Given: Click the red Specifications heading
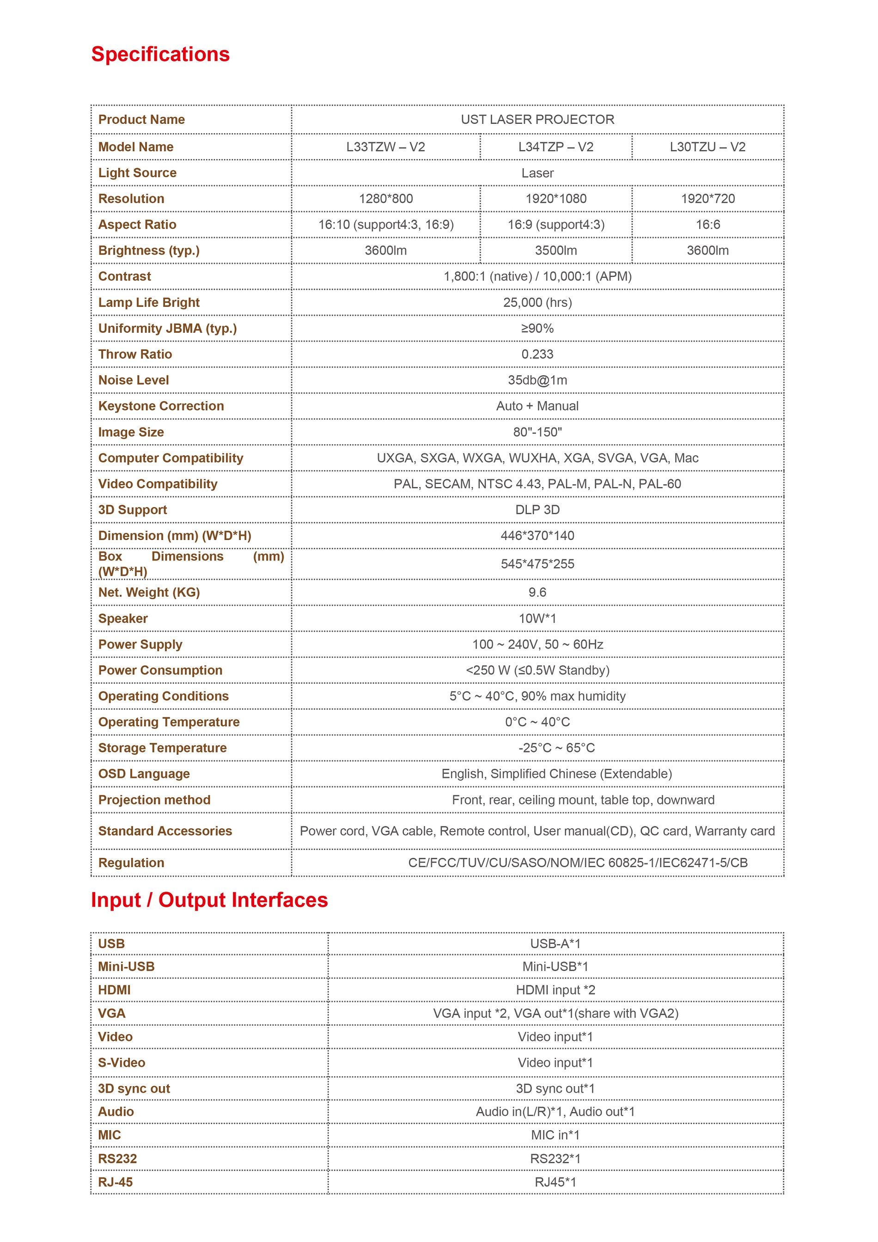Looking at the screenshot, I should tap(160, 55).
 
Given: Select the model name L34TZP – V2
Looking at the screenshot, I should tap(555, 147).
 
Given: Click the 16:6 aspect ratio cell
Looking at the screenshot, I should tap(707, 225).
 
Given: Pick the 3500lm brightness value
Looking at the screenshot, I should tap(555, 251).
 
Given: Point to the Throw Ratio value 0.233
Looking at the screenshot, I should tap(537, 355).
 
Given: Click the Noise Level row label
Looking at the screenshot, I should tap(134, 380).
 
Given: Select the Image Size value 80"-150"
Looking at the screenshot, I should tap(537, 432).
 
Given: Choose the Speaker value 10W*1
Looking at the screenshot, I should tap(537, 618).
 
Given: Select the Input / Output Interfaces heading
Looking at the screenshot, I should tap(209, 900).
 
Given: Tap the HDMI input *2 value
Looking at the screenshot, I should tap(555, 990).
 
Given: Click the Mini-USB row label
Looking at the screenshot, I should tap(126, 967).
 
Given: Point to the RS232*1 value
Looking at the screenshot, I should tap(555, 1159).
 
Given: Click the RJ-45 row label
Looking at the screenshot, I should tap(115, 1182).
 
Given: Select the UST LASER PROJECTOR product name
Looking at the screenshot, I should tap(537, 120).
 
